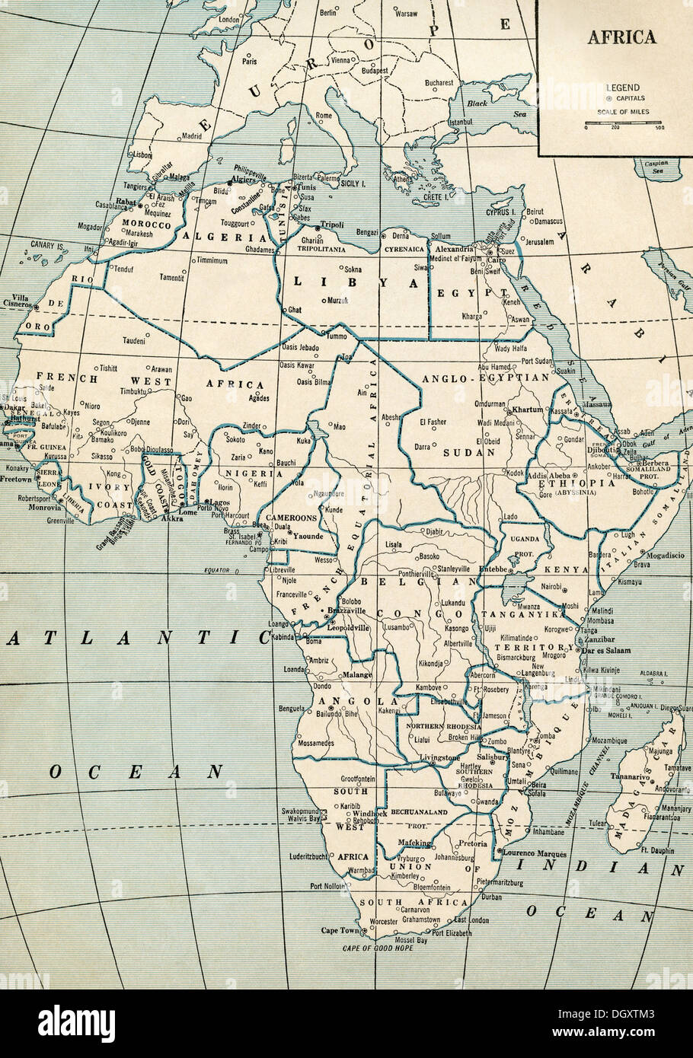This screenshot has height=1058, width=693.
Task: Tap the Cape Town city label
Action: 339,931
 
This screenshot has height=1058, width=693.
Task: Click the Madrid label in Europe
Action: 192,136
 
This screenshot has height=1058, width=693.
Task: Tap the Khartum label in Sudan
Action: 528,409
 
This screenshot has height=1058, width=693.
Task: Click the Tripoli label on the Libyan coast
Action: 333,225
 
